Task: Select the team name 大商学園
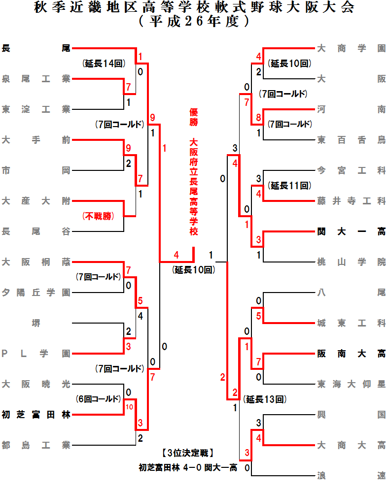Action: click(x=351, y=48)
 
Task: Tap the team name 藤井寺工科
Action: click(x=351, y=201)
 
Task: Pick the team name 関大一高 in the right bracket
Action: click(x=351, y=231)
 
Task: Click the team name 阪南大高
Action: click(x=351, y=354)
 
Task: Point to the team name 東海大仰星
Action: click(x=351, y=384)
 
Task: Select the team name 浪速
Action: click(x=351, y=476)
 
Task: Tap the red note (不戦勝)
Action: click(x=98, y=216)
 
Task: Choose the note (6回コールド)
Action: click(x=99, y=398)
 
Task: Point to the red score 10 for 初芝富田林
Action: click(x=129, y=407)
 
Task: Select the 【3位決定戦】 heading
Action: click(x=187, y=453)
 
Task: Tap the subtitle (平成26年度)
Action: click(x=194, y=22)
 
